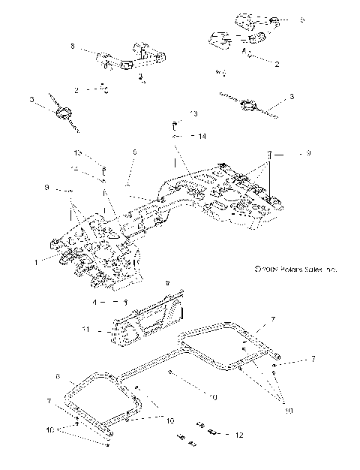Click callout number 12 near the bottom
pos(239,435)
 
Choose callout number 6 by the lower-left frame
pos(58,376)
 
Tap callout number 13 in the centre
pos(193,114)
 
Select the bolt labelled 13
pos(174,123)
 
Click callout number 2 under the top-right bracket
pos(277,65)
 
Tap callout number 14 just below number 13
pos(202,137)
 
